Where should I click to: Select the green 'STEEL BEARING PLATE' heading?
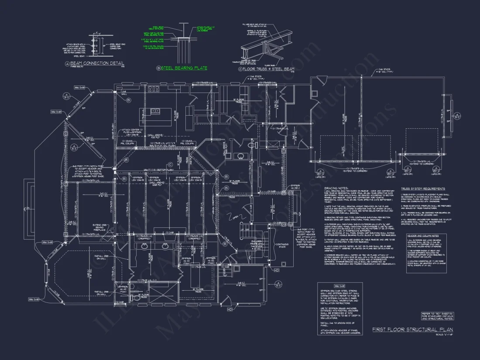click(x=184, y=68)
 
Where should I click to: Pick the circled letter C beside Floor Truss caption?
click(x=240, y=69)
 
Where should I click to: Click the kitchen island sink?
click(x=155, y=111)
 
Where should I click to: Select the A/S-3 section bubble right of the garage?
click(x=456, y=116)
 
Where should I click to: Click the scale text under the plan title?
click(x=444, y=335)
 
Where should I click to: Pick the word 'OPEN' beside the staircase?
click(x=235, y=217)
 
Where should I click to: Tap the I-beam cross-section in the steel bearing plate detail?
click(x=185, y=39)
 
